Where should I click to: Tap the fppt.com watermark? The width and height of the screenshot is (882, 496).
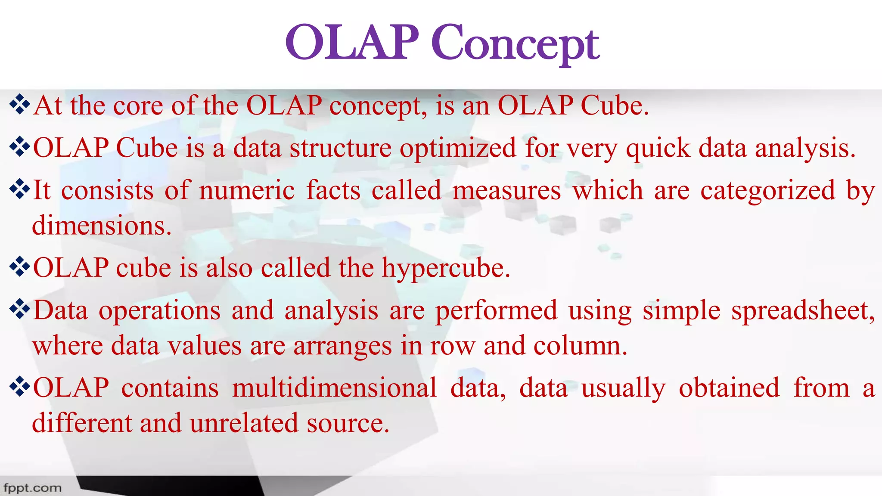click(x=32, y=488)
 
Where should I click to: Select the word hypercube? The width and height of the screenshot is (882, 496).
click(x=446, y=269)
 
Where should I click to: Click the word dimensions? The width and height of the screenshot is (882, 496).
click(x=102, y=226)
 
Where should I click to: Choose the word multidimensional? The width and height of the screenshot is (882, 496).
click(x=335, y=387)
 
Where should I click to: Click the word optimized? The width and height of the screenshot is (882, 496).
click(x=458, y=149)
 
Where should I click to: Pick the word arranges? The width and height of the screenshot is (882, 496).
click(x=343, y=346)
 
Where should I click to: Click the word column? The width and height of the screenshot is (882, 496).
click(x=580, y=346)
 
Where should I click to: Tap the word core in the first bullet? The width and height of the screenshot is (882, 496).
click(x=138, y=106)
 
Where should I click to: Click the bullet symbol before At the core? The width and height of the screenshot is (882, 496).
click(x=19, y=105)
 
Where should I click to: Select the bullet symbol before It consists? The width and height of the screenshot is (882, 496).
click(x=19, y=190)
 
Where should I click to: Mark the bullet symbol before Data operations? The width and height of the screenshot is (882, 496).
click(x=19, y=310)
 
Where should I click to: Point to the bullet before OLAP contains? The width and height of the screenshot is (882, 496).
click(x=19, y=387)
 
